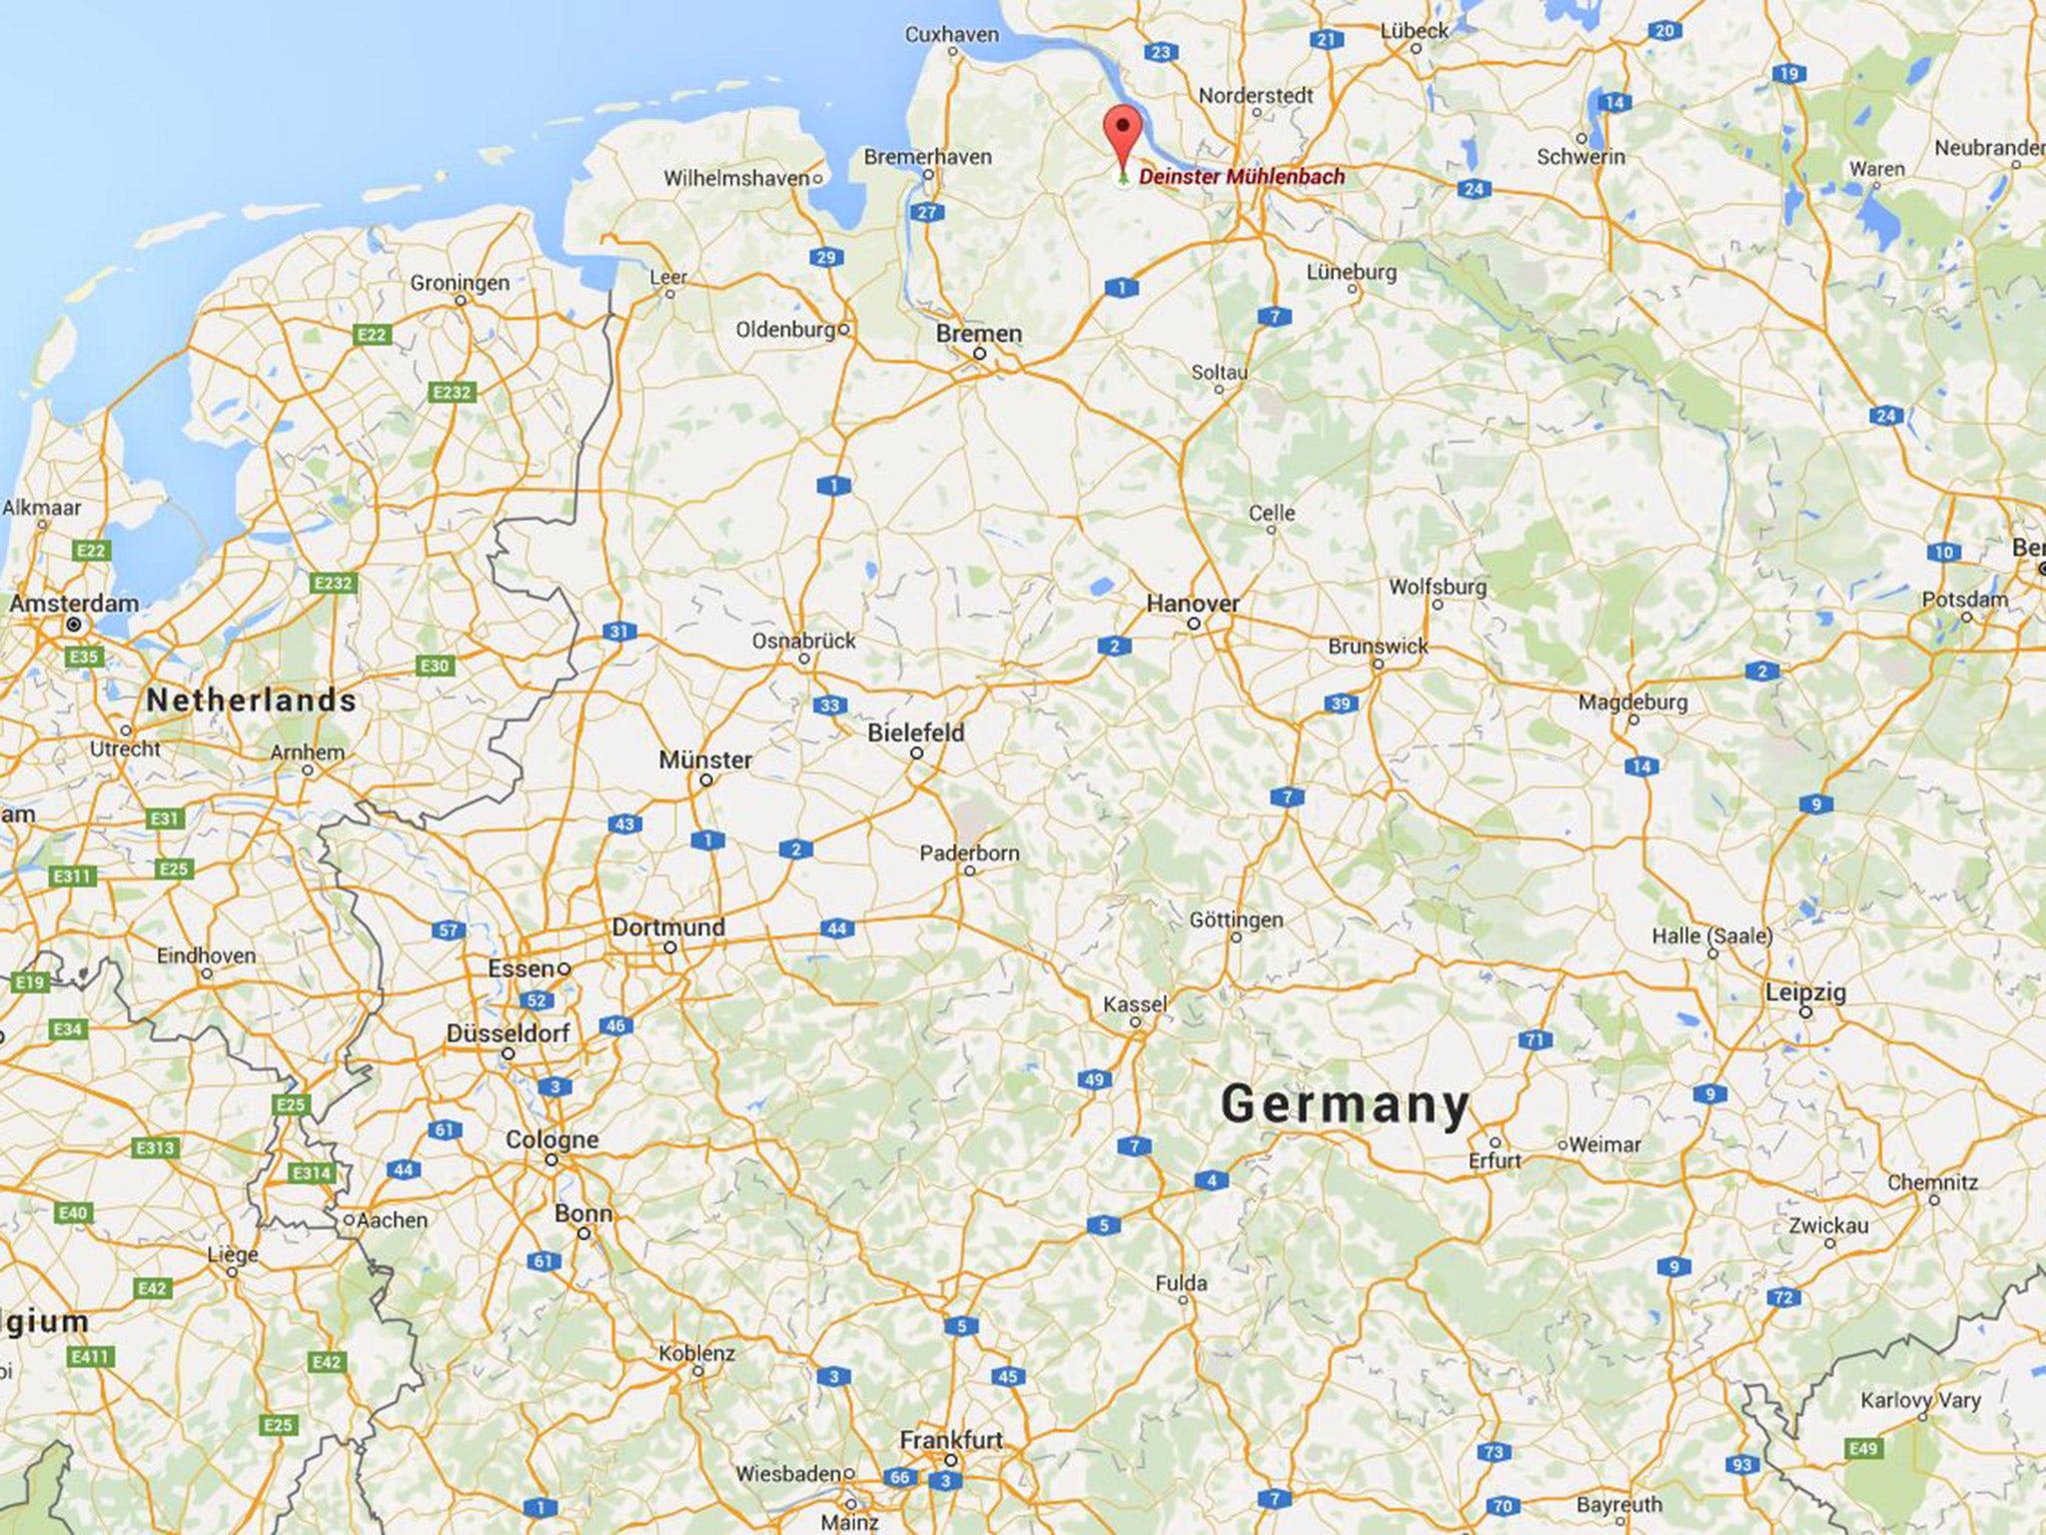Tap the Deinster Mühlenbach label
click(x=1242, y=177)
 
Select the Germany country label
click(x=1345, y=1105)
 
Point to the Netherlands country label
click(x=251, y=701)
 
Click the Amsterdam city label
click(x=74, y=604)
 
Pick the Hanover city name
click(x=1193, y=604)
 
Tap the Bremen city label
click(x=979, y=334)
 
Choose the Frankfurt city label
click(x=951, y=1440)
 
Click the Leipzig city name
click(x=1805, y=993)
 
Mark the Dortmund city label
click(x=668, y=927)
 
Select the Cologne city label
click(x=551, y=1140)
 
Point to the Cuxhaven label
click(x=951, y=35)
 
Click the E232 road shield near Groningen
click(x=452, y=393)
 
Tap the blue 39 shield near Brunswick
click(x=1341, y=704)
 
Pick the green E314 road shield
click(x=310, y=1173)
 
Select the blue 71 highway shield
click(x=1535, y=1039)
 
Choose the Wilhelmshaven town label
click(x=737, y=179)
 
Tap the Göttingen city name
click(x=1236, y=919)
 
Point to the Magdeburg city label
click(x=1632, y=703)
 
